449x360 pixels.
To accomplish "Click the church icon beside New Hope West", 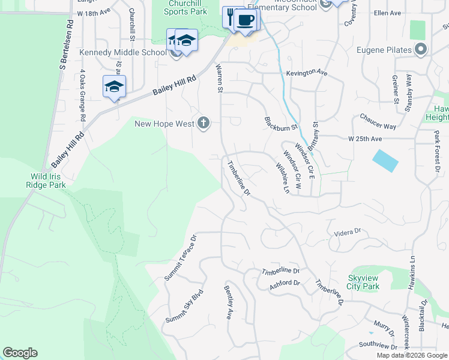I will point(203,123).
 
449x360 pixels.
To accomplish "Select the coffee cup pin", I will point(244,20).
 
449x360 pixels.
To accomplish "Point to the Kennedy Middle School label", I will point(123,53).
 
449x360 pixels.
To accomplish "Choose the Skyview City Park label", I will point(364,282).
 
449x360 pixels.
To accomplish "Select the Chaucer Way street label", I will point(378,122).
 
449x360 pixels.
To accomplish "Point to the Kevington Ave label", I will point(307,73).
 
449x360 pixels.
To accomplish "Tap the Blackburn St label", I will point(281,123).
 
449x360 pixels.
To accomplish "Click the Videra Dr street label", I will point(345,231).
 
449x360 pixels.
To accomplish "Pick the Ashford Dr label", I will point(285,283).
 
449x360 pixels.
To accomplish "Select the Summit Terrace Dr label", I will point(181,257).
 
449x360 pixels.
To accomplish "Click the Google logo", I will point(20,353).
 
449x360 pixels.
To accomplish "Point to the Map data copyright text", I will point(411,355).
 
